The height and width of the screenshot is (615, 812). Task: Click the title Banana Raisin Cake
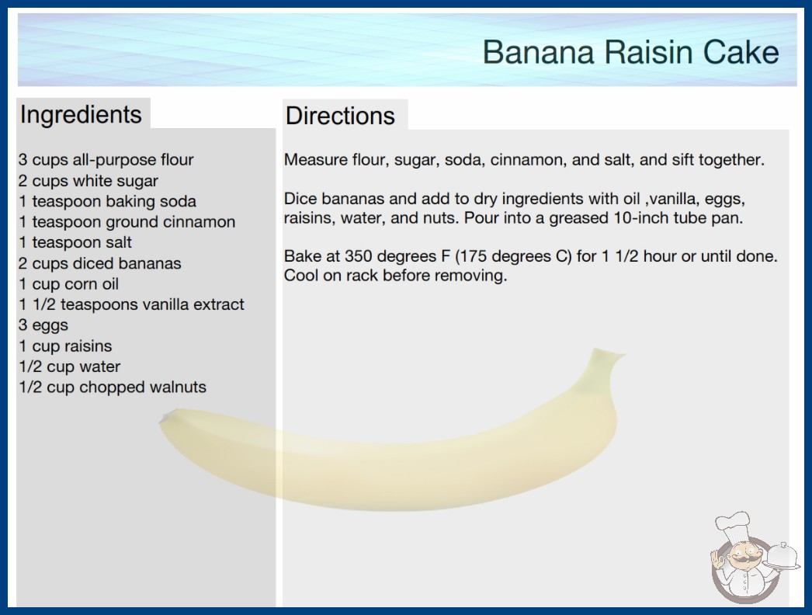pos(631,52)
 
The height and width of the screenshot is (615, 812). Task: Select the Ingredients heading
pos(81,114)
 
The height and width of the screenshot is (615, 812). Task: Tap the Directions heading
pos(340,116)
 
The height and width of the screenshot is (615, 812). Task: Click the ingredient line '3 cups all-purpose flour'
pos(106,160)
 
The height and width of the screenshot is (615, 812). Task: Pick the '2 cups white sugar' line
pos(88,181)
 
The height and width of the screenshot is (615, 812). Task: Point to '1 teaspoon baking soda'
pos(107,202)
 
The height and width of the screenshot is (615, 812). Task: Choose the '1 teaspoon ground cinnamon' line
pos(127,222)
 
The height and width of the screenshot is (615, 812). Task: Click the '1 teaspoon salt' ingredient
pos(75,242)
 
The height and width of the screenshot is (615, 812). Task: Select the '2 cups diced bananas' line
pos(99,263)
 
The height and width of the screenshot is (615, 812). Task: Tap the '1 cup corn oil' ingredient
pos(68,284)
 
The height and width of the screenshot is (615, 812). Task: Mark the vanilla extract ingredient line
pos(131,304)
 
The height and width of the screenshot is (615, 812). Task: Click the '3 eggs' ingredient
pos(43,325)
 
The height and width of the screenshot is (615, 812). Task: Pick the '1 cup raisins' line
pos(65,346)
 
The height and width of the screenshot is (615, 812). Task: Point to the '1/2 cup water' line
pos(69,367)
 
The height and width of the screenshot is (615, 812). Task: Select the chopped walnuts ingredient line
pos(113,387)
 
